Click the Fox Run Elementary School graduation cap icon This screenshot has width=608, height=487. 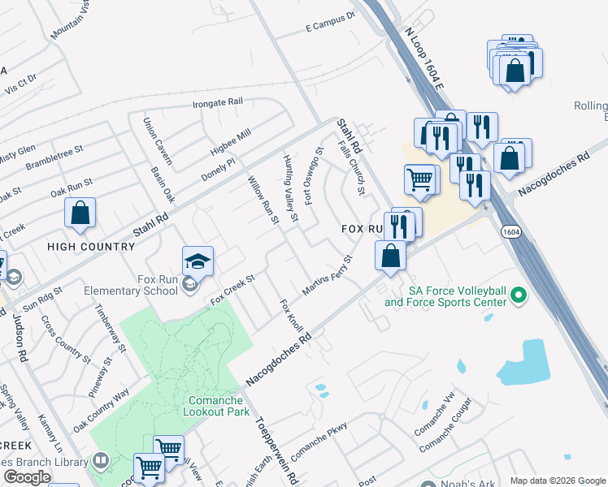tap(198, 261)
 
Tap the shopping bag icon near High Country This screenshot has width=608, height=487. tap(80, 214)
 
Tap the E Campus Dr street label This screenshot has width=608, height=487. tap(330, 22)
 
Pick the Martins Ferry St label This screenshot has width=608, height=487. tap(328, 276)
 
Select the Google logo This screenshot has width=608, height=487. tap(27, 476)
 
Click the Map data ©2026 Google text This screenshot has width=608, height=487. tap(558, 480)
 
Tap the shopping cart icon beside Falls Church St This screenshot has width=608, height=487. tap(419, 179)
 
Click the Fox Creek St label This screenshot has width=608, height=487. tap(233, 290)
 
